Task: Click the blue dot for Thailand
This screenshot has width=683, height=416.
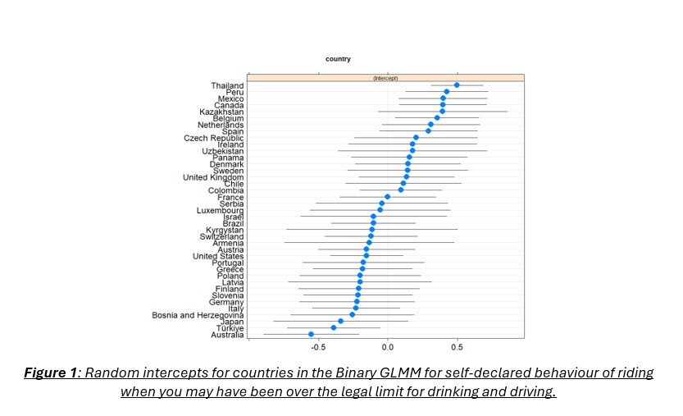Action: pos(457,85)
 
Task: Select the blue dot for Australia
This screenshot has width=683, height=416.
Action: pos(311,334)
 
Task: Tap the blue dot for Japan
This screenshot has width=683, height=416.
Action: pos(340,321)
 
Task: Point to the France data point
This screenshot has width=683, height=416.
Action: pos(387,197)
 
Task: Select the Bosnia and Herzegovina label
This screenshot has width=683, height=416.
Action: pos(198,315)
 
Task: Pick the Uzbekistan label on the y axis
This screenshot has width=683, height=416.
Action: pos(223,151)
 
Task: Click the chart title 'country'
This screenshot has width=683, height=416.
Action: pos(338,59)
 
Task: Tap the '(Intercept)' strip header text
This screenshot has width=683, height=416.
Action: pos(385,78)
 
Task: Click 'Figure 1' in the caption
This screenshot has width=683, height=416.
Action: pos(52,373)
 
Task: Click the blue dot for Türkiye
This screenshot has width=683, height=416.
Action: pos(334,327)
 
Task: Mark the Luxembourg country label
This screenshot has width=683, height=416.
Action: pos(220,210)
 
